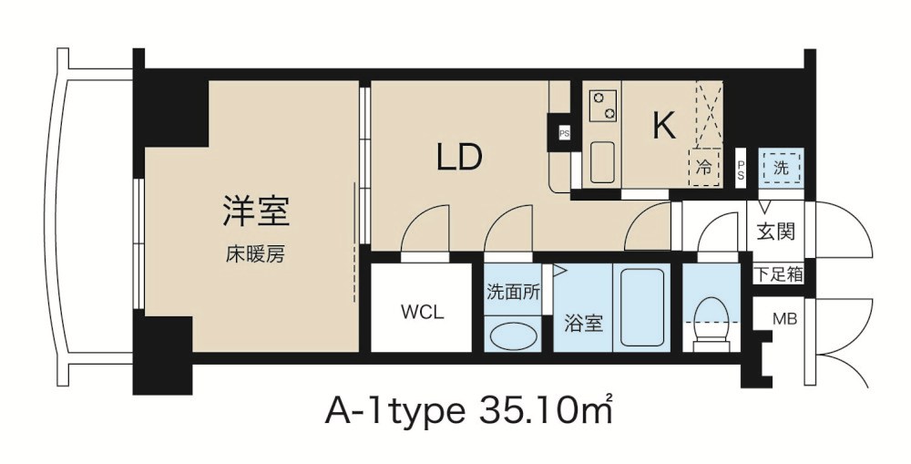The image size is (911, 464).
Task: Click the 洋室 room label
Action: point(255,211)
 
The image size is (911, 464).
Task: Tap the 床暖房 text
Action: point(255,254)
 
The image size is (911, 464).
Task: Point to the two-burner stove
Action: point(602,105)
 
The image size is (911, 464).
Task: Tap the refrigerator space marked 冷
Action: point(704,167)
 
